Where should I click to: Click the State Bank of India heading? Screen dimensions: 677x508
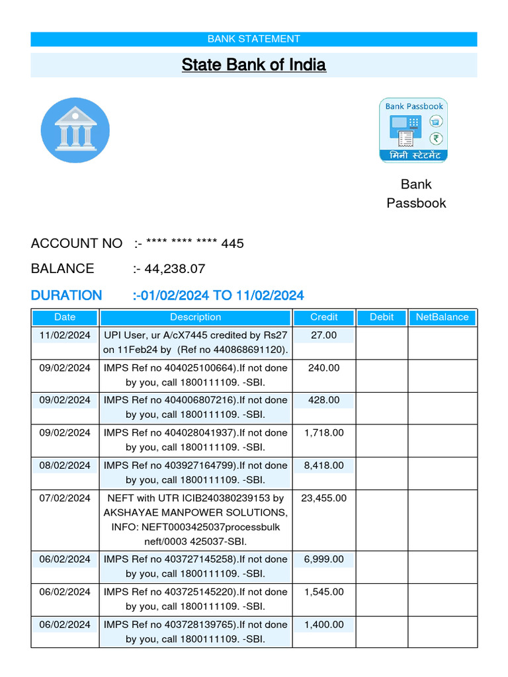point(253,65)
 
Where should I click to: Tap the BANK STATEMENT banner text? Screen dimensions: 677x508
point(253,39)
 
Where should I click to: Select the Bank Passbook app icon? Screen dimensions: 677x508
point(413,130)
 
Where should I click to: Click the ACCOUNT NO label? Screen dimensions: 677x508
point(76,243)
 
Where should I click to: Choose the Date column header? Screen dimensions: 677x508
point(65,317)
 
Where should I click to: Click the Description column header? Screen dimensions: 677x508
point(195,317)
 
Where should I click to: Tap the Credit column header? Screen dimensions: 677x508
point(323,317)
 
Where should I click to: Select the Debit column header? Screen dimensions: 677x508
point(382,317)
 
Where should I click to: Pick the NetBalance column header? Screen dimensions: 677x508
point(442,317)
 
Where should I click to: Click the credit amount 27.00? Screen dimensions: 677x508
point(323,335)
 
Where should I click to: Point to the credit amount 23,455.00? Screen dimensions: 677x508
point(323,498)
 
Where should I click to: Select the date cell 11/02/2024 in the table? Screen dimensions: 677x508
point(65,335)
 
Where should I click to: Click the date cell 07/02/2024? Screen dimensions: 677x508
point(65,498)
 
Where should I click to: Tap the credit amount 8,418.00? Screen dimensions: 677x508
point(323,465)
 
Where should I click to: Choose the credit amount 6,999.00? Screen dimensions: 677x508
point(323,559)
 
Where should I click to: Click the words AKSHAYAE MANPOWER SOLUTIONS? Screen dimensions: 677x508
point(195,513)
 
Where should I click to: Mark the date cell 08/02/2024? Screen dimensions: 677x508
point(65,465)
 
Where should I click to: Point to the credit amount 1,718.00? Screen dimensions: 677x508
point(323,433)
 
